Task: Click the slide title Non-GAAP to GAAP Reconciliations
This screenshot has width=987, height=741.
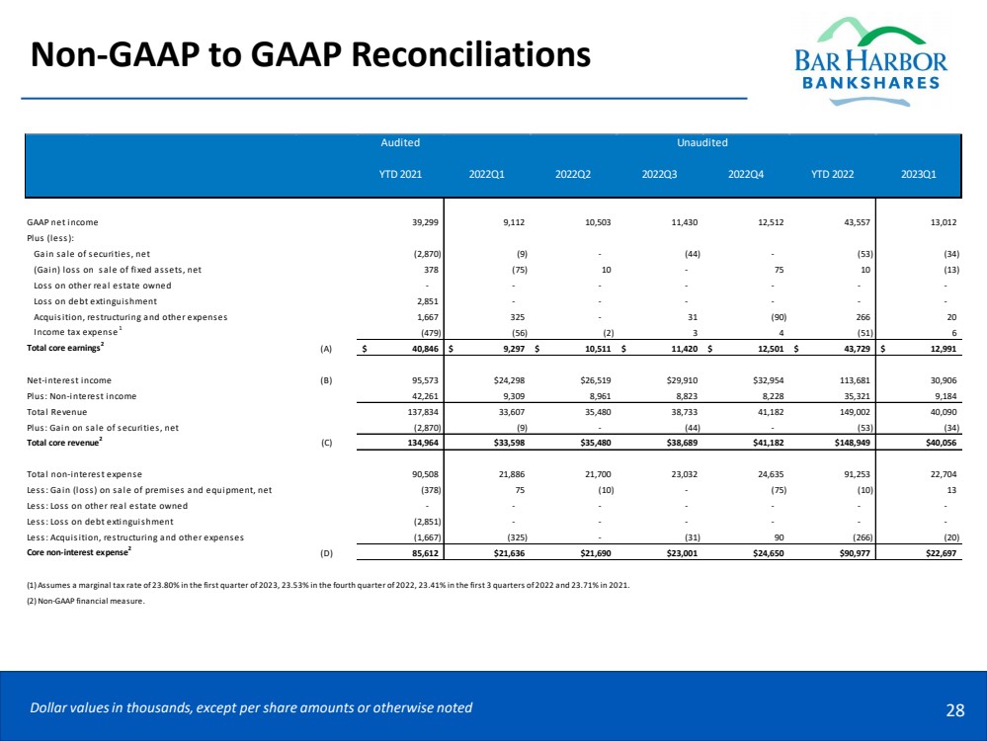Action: (x=310, y=54)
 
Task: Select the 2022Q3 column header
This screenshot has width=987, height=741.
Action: (x=659, y=178)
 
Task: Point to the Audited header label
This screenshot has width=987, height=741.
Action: (x=400, y=143)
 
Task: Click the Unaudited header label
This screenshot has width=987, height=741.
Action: (x=702, y=143)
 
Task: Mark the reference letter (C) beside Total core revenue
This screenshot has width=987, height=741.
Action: (x=326, y=443)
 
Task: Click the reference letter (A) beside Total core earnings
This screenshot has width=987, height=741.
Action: (x=326, y=348)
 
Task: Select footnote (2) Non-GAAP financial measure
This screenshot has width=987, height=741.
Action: (x=88, y=600)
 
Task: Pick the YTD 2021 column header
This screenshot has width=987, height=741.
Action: (x=400, y=178)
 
